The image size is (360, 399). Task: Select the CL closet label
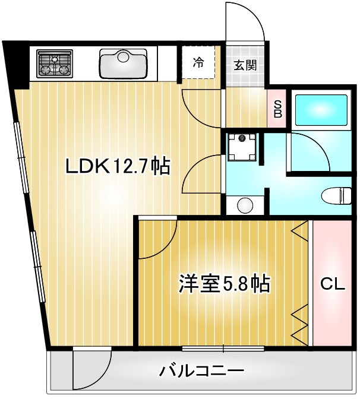[x=332, y=284]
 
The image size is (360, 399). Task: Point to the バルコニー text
[x=201, y=372]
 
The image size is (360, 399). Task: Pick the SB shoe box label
[x=277, y=108]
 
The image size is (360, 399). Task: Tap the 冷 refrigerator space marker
[x=198, y=62]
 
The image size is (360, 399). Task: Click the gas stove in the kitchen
[x=54, y=64]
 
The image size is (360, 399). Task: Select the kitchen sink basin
[x=123, y=63]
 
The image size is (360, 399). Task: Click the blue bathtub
[x=320, y=110]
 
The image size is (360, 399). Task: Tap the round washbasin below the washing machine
[x=245, y=205]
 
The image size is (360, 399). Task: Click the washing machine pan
[x=242, y=146]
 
